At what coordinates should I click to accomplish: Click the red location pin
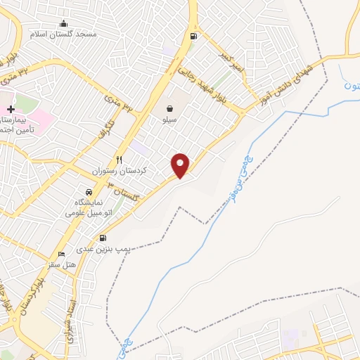coord(181,165)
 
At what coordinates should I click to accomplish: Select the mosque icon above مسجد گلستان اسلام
coord(64,23)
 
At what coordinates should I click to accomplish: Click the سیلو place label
coord(169,120)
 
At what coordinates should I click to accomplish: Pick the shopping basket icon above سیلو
coord(170,109)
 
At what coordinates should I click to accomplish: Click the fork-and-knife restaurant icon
coord(120,160)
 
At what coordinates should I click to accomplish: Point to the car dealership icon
coord(89,192)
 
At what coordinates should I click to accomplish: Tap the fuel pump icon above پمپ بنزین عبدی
coord(103,238)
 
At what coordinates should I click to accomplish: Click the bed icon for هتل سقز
coord(61,254)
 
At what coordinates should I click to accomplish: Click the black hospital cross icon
coord(11,110)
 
